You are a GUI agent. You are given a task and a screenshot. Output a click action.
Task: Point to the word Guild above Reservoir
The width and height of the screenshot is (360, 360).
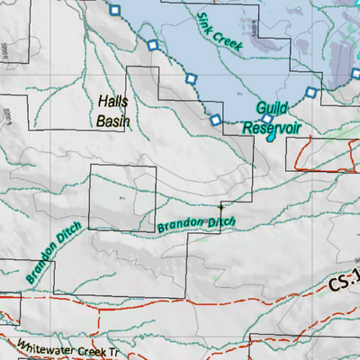(272, 108)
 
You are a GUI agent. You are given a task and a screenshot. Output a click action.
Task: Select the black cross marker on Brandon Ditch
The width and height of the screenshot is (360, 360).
(221, 206)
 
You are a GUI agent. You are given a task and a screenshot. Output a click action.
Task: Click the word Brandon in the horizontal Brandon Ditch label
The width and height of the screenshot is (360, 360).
(180, 225)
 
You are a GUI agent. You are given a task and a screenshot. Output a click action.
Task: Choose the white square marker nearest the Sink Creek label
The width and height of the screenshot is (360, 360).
(190, 80)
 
